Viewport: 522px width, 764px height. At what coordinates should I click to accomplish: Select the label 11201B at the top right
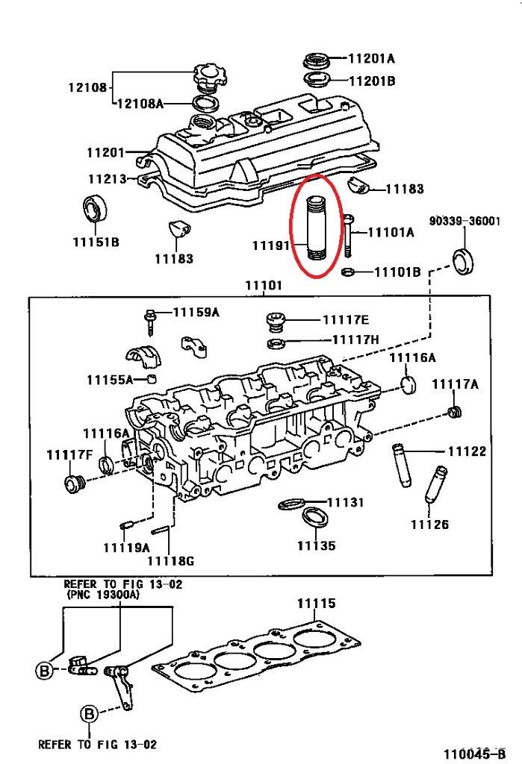[x=370, y=80]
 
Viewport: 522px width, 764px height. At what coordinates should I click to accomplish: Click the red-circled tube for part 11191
[x=317, y=225]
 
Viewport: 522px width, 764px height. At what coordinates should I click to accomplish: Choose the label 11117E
[x=346, y=320]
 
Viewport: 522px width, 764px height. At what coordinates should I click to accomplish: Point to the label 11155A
[x=110, y=379]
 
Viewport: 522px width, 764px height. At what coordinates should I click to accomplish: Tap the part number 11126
[x=429, y=525]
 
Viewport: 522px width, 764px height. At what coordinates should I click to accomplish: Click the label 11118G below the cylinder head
[x=170, y=560]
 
